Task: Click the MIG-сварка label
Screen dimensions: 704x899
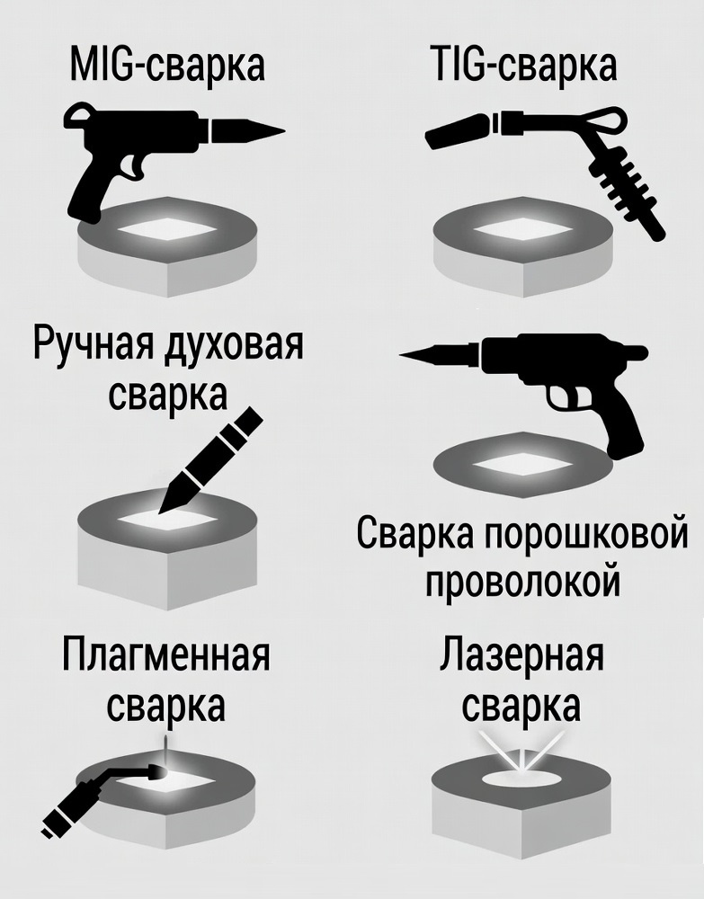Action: (167, 66)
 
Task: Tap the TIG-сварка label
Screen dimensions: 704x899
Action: (522, 64)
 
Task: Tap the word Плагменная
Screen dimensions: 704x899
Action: (165, 655)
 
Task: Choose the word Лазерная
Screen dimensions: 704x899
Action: (521, 655)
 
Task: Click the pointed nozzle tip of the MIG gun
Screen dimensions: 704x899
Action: (284, 130)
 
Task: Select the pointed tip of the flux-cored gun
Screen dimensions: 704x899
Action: (401, 355)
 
